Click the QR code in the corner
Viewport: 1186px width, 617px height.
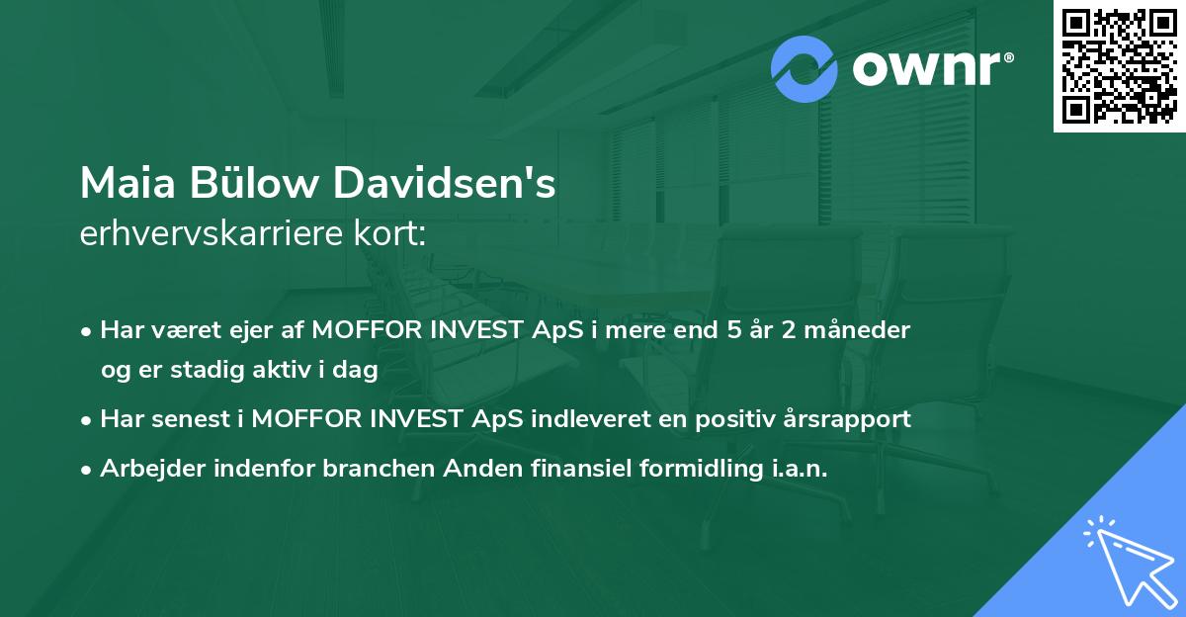click(1119, 66)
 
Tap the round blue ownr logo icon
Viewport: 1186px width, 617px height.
click(805, 68)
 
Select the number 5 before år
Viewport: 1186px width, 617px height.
click(733, 330)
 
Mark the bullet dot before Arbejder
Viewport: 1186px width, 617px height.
click(88, 470)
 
